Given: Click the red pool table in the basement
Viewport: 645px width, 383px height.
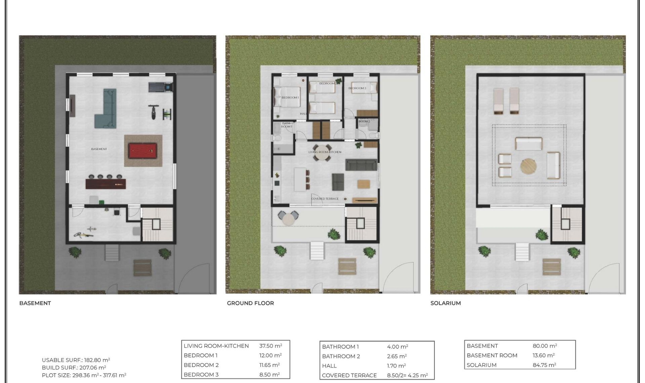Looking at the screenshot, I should [143, 151].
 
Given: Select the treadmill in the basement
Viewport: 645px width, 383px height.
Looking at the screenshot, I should [161, 87].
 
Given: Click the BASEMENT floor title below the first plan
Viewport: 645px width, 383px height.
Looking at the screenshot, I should [35, 303].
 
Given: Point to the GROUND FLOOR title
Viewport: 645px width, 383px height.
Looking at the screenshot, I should [250, 303].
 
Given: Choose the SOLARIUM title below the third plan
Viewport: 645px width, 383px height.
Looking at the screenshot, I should [445, 303].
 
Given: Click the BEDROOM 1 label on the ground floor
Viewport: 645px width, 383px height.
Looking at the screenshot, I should [290, 97].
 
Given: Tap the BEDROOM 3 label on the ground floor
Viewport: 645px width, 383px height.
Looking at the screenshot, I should [357, 88].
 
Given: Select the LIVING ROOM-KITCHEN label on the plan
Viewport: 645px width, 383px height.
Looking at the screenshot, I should [325, 152].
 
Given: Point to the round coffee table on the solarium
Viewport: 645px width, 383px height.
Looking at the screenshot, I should [528, 167].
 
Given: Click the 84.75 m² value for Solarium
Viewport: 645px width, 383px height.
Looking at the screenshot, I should [544, 365].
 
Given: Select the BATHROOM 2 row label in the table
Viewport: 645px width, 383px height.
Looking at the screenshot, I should [341, 356].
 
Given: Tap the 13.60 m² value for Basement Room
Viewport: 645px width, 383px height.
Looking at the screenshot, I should [544, 355].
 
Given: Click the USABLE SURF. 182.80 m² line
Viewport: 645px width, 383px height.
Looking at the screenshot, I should [76, 360].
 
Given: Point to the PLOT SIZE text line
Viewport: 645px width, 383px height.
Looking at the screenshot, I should [84, 375].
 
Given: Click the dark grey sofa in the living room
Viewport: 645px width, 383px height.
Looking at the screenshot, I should [361, 165].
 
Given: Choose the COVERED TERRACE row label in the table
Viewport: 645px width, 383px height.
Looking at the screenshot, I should [349, 375].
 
